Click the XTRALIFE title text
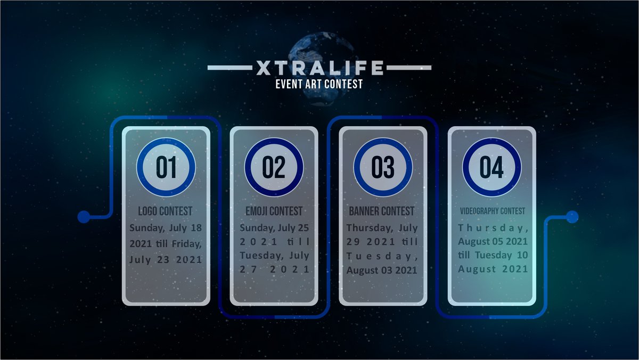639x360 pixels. (x=319, y=68)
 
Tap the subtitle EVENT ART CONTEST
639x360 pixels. (x=319, y=84)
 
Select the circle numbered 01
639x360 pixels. (x=166, y=167)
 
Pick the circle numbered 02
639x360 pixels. (x=274, y=167)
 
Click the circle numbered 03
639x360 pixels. (x=383, y=167)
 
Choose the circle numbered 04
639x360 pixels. (x=491, y=167)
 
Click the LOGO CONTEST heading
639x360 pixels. (x=165, y=211)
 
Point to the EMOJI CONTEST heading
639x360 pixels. (x=274, y=211)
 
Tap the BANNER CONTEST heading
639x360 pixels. (x=381, y=211)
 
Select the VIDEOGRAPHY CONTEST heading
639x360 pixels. (x=492, y=211)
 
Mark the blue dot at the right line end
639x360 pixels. (x=572, y=217)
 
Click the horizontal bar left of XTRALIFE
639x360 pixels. (x=228, y=68)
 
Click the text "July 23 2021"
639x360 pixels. (x=166, y=260)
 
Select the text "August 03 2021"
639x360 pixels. (x=382, y=270)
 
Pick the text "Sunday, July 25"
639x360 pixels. (x=274, y=228)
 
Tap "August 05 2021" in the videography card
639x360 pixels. (x=493, y=241)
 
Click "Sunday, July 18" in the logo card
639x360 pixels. (x=166, y=228)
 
